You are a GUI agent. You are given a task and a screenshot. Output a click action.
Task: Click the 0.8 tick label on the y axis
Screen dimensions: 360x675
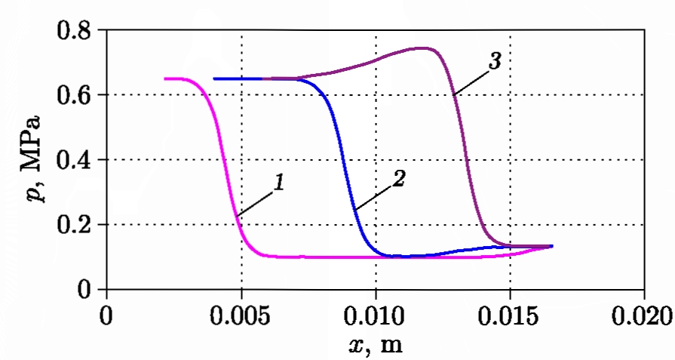pyautogui.click(x=74, y=32)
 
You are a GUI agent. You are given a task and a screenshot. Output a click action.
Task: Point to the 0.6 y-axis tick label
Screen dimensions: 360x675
pyautogui.click(x=74, y=96)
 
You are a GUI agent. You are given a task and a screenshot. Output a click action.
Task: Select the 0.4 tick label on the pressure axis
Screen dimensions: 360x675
pyautogui.click(x=74, y=161)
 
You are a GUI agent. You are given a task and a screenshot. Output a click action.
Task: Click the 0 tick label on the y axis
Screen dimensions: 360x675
pyautogui.click(x=84, y=290)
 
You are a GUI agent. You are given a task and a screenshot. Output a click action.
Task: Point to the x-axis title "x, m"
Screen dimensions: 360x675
pyautogui.click(x=375, y=346)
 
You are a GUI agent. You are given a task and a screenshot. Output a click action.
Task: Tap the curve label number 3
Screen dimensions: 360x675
pyautogui.click(x=494, y=61)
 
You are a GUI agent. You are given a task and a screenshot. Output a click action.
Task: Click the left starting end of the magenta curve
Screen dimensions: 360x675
pyautogui.click(x=165, y=78)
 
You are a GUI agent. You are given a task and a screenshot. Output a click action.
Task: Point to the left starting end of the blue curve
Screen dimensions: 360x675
pyautogui.click(x=215, y=78)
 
